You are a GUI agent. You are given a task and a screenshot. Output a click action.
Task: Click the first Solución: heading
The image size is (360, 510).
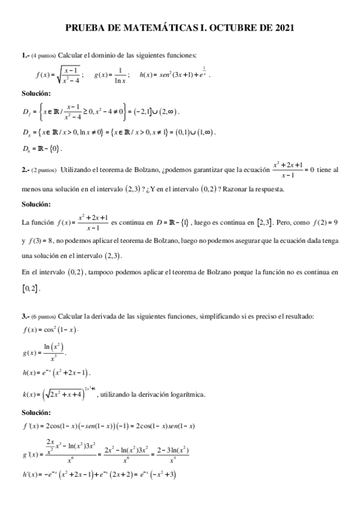tap(36, 93)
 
